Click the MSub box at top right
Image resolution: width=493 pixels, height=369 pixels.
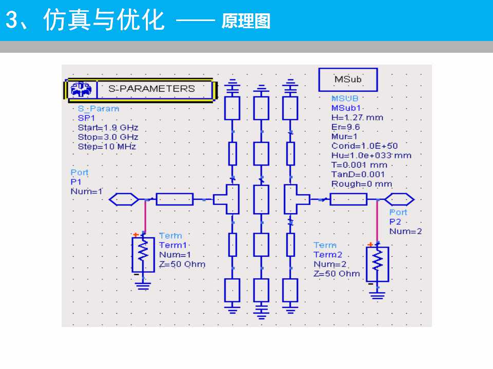coord(348,79)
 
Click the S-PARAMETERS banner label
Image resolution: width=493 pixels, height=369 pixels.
coord(151,89)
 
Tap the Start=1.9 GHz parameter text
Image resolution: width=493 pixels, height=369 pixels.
coord(108,128)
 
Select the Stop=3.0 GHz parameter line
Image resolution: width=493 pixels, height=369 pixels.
coord(108,137)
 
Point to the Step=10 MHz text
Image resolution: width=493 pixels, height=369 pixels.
coord(107,146)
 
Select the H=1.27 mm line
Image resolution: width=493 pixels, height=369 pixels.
coord(357,117)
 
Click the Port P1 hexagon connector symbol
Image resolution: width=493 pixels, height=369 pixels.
coord(124,199)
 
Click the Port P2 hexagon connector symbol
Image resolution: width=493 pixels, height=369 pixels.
coord(400,199)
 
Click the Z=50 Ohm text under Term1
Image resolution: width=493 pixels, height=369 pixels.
coord(182,264)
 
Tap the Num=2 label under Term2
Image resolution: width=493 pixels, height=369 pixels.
coord(330,264)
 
